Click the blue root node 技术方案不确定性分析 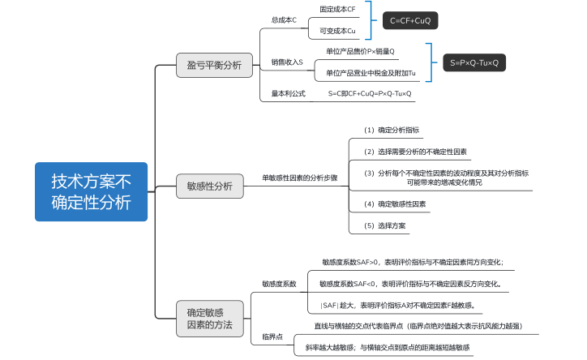(91, 191)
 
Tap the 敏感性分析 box (209, 186)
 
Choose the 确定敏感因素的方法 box (209, 318)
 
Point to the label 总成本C (283, 19)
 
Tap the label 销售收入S (287, 62)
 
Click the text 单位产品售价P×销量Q (360, 51)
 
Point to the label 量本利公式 (288, 93)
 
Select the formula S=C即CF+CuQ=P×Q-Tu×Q (370, 93)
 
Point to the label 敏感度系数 (279, 284)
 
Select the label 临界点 (272, 336)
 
